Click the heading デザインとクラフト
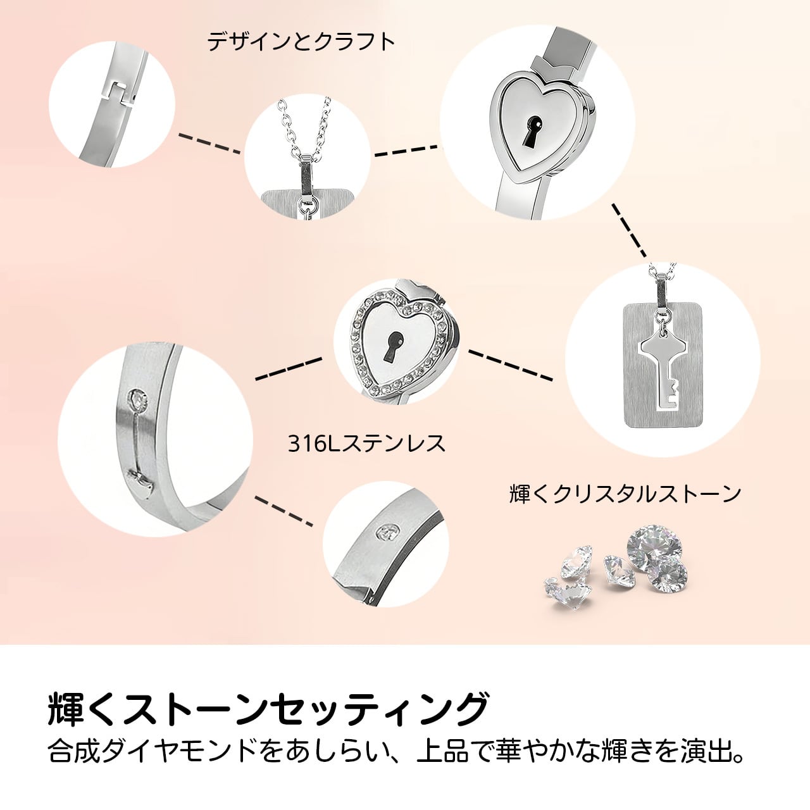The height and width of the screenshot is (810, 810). (301, 42)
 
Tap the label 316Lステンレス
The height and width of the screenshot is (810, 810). (366, 443)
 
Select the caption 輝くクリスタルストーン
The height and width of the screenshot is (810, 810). (625, 494)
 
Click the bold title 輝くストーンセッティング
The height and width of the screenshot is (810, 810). (268, 709)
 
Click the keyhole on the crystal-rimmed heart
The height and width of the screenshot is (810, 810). (395, 347)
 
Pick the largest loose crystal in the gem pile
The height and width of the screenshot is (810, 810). (654, 546)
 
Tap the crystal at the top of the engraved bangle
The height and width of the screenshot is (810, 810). (137, 399)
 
